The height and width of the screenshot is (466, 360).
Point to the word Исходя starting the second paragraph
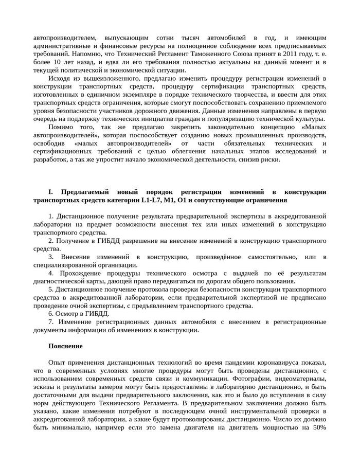pos(59,78)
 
